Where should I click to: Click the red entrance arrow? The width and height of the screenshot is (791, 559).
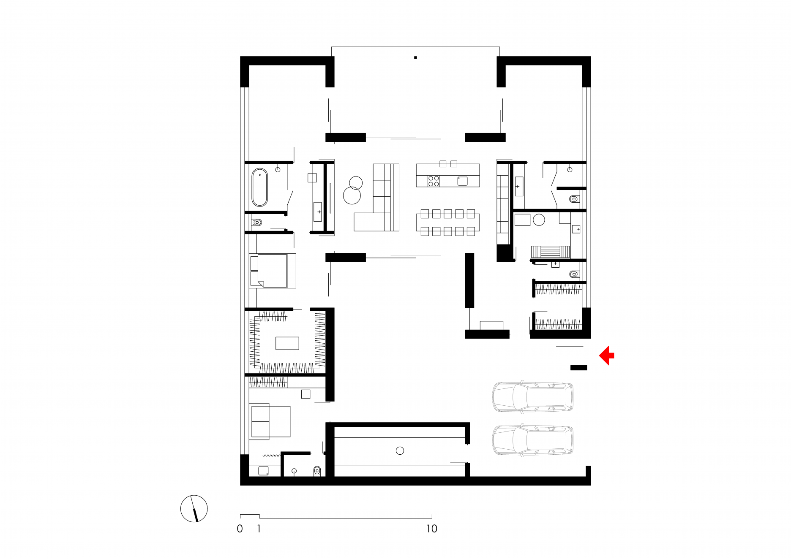pos(607,355)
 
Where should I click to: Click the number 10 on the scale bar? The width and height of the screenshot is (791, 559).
pos(431,529)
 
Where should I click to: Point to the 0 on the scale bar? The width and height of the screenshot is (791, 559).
pos(240,529)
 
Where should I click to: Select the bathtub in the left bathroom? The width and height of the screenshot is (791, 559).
pos(260,187)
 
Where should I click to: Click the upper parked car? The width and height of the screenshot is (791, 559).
pos(533,397)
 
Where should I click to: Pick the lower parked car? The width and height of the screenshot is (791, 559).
pos(533,440)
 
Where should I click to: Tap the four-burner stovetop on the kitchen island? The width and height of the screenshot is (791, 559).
pos(434,181)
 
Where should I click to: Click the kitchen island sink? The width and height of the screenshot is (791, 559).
pos(462,181)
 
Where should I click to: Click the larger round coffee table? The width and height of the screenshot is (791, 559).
pos(352,196)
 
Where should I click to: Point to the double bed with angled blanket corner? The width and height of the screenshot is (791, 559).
pos(273,271)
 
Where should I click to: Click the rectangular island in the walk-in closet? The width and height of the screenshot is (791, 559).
pos(287,343)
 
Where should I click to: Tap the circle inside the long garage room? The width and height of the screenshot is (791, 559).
pos(400,450)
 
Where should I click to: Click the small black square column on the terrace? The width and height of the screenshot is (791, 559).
pos(415,57)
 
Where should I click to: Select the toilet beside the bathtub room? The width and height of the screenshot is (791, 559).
pos(257,222)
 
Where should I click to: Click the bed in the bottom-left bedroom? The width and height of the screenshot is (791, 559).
pos(271,421)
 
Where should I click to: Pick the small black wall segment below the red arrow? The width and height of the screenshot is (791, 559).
pos(578,368)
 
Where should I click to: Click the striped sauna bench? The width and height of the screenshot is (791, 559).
pos(551,252)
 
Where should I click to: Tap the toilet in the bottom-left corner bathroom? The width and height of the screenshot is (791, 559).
pos(317,471)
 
